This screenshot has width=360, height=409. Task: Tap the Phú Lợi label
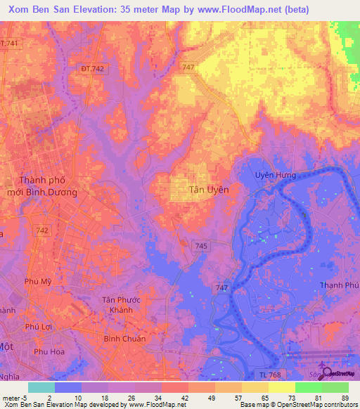click(x=40, y=326)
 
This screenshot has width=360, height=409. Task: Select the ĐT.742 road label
click(x=93, y=68)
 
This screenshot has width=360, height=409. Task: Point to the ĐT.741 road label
click(x=8, y=44)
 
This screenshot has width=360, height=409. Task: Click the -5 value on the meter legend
click(x=25, y=398)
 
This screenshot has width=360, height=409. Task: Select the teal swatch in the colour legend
click(x=41, y=387)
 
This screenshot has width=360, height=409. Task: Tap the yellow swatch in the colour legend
click(x=281, y=387)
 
